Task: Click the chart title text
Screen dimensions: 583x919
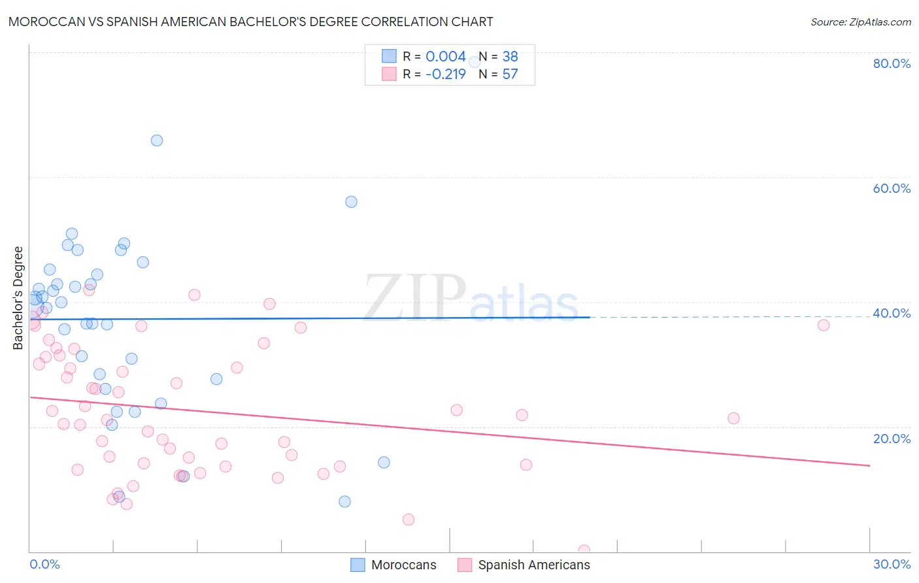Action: click(251, 22)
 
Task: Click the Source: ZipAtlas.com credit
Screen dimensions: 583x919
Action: click(860, 22)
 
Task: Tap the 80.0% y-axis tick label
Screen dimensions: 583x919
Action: click(892, 63)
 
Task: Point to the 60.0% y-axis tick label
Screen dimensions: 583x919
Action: click(892, 188)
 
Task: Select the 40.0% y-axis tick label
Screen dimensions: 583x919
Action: click(892, 313)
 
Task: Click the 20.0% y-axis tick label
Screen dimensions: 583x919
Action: click(892, 439)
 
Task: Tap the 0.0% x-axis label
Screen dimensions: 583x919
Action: click(44, 564)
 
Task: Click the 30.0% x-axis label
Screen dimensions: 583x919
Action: click(892, 564)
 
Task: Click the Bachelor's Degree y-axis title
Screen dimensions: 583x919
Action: click(18, 298)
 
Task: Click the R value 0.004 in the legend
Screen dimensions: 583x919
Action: click(445, 57)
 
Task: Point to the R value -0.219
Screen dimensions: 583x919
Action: click(445, 75)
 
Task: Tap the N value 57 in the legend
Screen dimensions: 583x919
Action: click(510, 75)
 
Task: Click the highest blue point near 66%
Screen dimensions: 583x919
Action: click(157, 141)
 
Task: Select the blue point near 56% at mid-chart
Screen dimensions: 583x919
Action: click(351, 202)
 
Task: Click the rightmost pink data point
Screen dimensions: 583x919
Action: click(823, 325)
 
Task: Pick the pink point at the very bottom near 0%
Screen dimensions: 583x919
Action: click(584, 550)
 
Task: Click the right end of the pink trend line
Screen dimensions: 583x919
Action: click(869, 465)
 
